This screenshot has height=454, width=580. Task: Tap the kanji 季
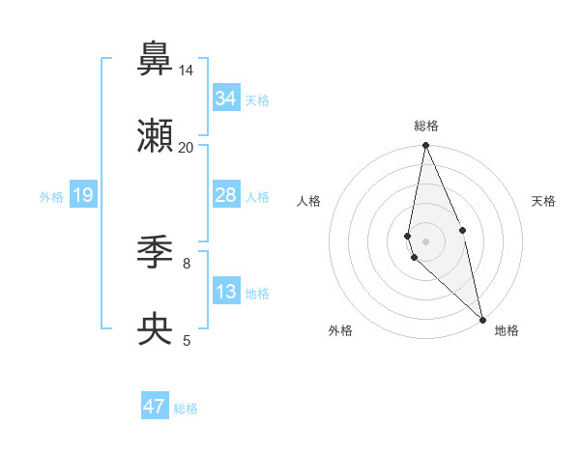156,253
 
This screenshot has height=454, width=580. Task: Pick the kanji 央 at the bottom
156,329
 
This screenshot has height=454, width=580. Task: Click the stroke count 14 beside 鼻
186,71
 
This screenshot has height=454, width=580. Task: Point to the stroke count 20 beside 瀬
186,147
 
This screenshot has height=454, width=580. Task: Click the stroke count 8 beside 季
186,262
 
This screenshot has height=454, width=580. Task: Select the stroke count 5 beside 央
186,339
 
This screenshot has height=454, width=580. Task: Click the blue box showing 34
226,99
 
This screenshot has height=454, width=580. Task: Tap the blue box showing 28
226,196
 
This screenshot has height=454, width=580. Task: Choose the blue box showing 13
226,292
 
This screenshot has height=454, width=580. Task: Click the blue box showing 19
83,196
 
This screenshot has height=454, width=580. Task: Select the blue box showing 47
155,407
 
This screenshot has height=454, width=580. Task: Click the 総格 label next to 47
186,409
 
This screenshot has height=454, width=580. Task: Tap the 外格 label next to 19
51,197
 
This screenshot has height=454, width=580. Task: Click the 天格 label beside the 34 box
257,100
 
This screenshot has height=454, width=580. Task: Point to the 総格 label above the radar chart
426,126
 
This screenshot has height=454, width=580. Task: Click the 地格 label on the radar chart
507,330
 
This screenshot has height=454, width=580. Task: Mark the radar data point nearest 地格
482,319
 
